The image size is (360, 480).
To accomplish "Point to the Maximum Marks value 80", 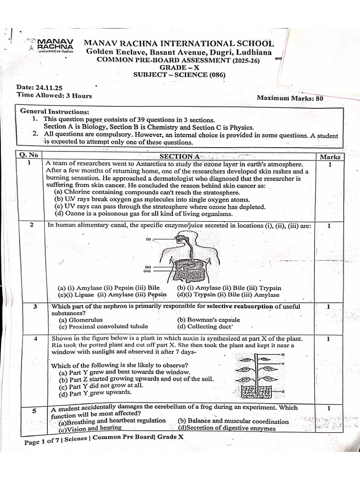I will (x=318, y=98).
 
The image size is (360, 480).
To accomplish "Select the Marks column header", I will (x=330, y=157).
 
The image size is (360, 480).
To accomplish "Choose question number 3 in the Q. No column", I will (x=35, y=307).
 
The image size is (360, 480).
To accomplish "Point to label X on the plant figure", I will (x=283, y=355).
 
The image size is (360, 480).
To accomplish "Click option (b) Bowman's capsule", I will (x=208, y=320).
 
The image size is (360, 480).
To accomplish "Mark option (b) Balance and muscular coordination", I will (x=233, y=421).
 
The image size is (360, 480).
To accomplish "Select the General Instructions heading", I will (x=54, y=112).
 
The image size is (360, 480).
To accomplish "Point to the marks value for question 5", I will (x=329, y=408).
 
